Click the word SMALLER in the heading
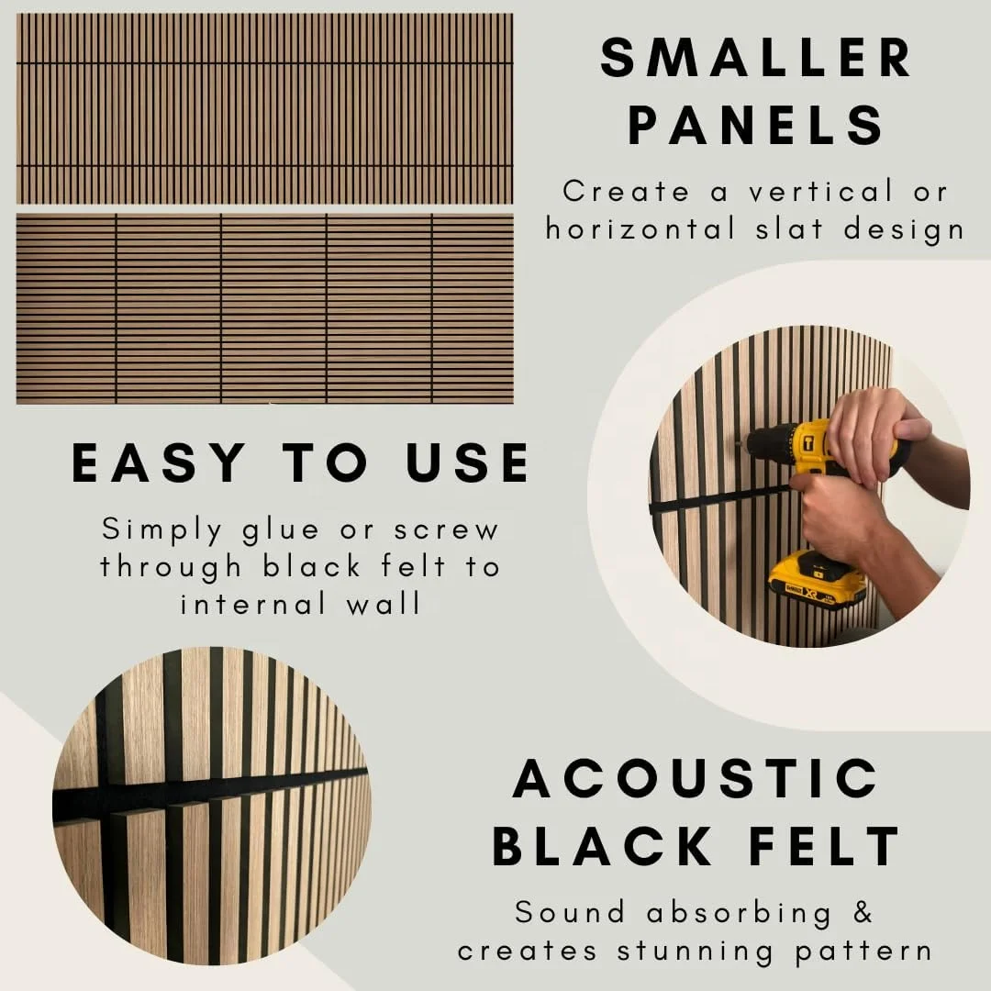pyautogui.click(x=756, y=57)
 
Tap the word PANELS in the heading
pyautogui.click(x=756, y=125)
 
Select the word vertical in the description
pyautogui.click(x=806, y=192)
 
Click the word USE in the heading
pyautogui.click(x=468, y=462)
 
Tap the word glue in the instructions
pyautogui.click(x=280, y=530)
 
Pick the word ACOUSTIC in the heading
pyautogui.click(x=696, y=779)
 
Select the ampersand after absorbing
pyautogui.click(x=863, y=913)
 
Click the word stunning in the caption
pyautogui.click(x=712, y=950)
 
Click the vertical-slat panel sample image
pyautogui.click(x=264, y=108)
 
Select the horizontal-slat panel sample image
pyautogui.click(x=264, y=308)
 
